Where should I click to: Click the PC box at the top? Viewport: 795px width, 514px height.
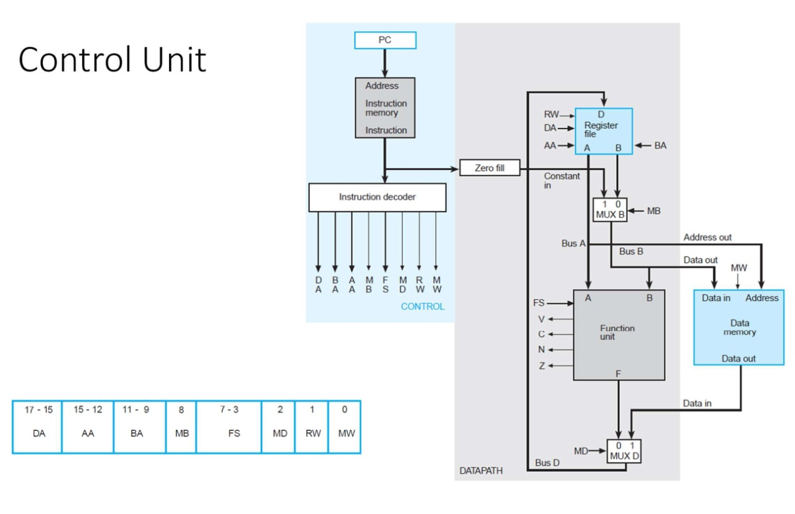tap(385, 40)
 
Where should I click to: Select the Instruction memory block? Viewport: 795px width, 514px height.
tap(385, 107)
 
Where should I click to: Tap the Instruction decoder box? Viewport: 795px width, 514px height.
tap(377, 197)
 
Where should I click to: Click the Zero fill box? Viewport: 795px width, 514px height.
tap(489, 168)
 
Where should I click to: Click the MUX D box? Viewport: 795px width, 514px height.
tap(624, 451)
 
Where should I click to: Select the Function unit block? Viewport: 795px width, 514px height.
tap(619, 335)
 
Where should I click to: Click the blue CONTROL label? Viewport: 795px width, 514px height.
tap(422, 307)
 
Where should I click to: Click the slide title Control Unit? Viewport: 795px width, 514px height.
tap(112, 61)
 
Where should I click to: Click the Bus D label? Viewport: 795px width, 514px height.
tap(547, 462)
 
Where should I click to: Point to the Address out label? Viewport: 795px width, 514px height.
tap(707, 237)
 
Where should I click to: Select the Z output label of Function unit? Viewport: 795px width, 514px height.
tap(542, 366)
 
